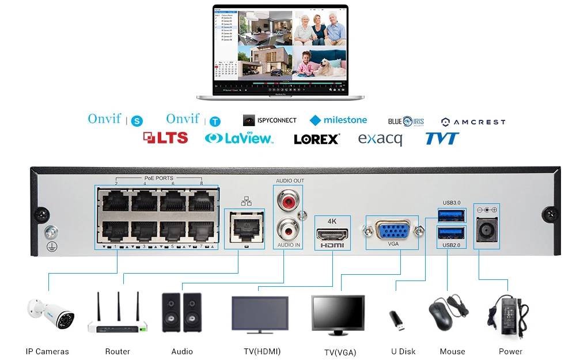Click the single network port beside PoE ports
(244, 228)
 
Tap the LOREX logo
(317, 139)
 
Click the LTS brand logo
(165, 138)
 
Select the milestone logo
(338, 120)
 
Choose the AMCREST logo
(473, 122)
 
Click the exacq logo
(380, 139)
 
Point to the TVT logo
(442, 138)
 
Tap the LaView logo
(239, 138)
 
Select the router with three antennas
(118, 316)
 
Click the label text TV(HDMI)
(262, 351)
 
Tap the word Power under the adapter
(510, 351)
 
